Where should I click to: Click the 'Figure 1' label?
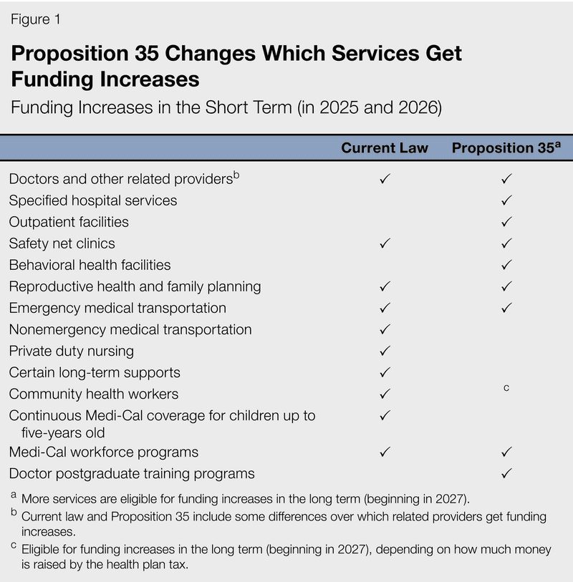coord(34,20)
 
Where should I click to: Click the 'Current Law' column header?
coord(385,148)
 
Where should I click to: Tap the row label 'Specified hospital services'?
coord(93,200)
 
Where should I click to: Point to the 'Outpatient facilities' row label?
coord(69,222)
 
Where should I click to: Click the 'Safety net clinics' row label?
coord(62,243)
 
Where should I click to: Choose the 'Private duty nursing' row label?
coord(71,351)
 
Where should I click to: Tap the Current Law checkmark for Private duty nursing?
coord(385,351)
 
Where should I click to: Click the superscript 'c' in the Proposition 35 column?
coord(506,388)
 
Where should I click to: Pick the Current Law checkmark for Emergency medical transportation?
coord(385,309)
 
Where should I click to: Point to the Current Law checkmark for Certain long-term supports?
coord(385,373)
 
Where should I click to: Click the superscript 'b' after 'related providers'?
coord(236,174)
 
